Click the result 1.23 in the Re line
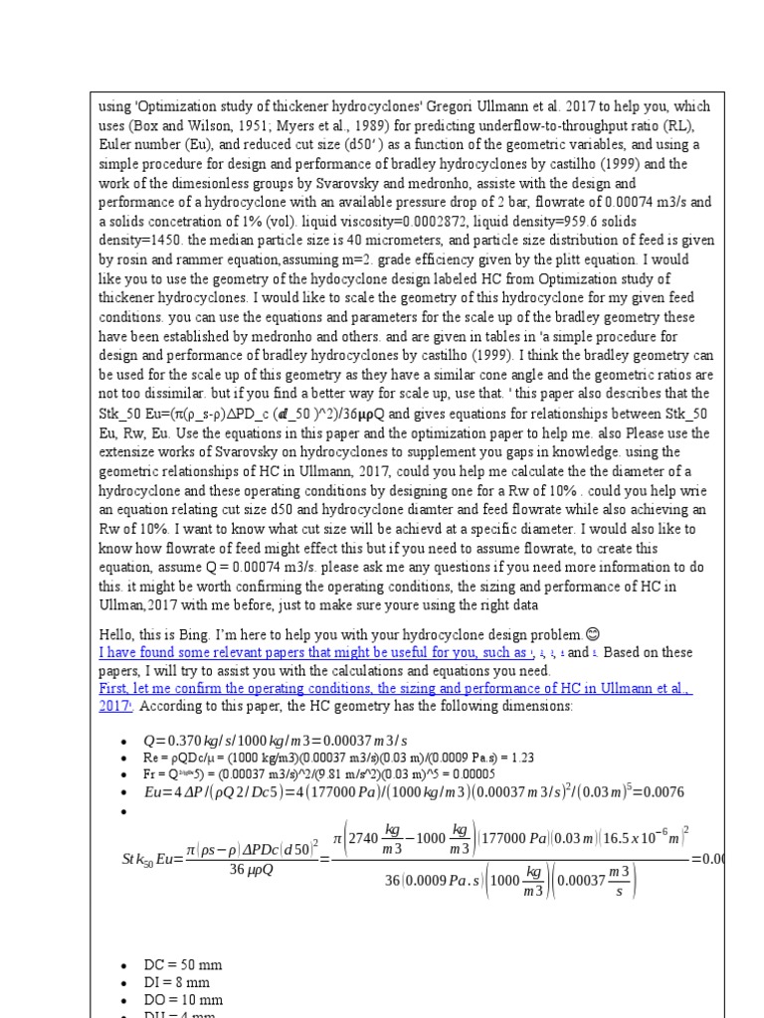[521, 757]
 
